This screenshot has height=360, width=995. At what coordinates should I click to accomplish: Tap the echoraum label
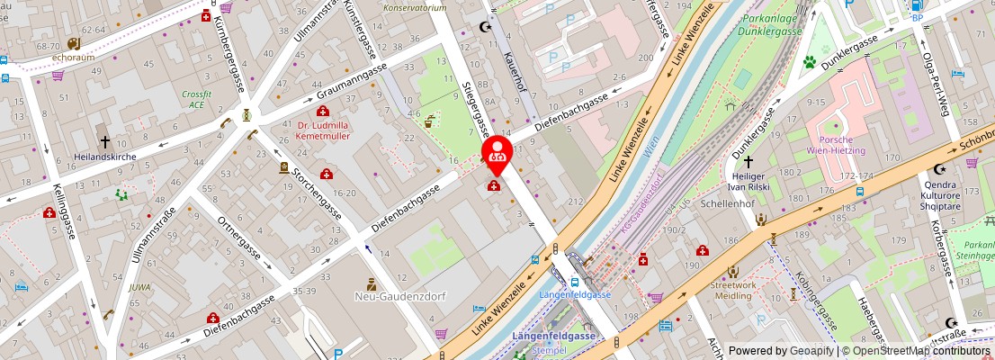coord(73,57)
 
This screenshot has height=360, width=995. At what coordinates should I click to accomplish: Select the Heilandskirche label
coord(104,156)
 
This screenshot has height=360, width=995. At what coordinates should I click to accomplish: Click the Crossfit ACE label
coord(196,99)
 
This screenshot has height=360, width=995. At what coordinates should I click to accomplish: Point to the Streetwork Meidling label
coord(734,292)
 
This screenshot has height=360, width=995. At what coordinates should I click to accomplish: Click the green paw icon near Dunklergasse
coord(810,62)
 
